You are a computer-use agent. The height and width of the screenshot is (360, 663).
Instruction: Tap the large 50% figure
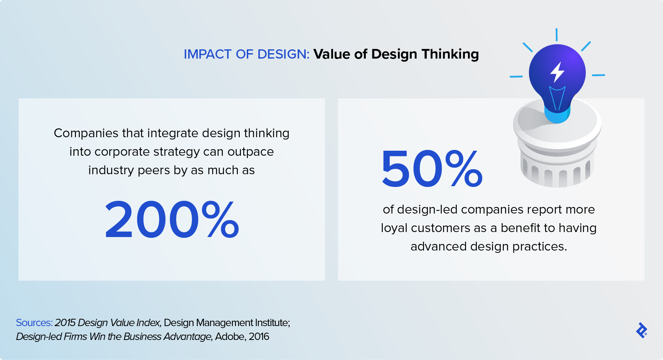click(x=432, y=169)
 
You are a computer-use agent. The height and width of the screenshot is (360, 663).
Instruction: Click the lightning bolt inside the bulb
click(x=557, y=72)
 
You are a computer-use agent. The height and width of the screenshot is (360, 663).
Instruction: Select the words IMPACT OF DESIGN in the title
click(x=247, y=54)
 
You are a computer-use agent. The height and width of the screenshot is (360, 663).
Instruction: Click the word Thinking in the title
click(x=450, y=54)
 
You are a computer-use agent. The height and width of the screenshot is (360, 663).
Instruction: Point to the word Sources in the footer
click(x=34, y=323)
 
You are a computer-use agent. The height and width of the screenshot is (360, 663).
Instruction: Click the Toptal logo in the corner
click(x=642, y=330)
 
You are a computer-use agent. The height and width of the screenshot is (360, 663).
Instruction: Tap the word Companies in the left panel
click(x=86, y=133)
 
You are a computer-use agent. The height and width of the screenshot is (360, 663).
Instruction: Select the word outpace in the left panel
click(x=251, y=152)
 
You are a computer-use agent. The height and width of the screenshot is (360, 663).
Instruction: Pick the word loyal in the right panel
click(x=394, y=228)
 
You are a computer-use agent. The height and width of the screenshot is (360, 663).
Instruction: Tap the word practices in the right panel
click(x=540, y=247)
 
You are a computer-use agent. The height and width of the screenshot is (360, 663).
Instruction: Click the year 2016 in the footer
click(x=259, y=336)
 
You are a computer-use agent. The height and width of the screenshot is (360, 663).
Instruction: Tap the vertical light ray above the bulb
click(x=557, y=35)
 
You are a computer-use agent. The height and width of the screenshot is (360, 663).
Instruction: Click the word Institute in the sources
click(x=273, y=323)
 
